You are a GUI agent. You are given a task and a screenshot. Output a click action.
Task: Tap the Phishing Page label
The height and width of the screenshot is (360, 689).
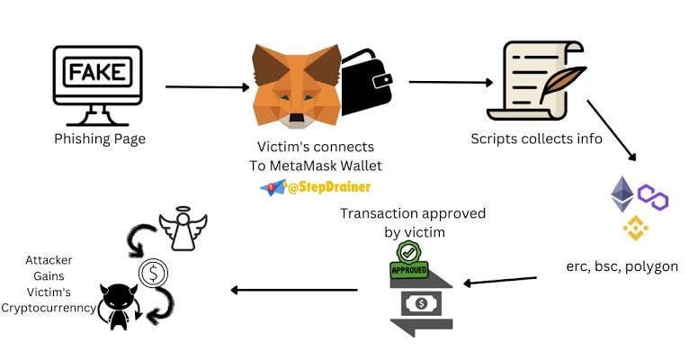point(100,139)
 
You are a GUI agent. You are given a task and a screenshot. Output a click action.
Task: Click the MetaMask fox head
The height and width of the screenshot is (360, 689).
point(296,85)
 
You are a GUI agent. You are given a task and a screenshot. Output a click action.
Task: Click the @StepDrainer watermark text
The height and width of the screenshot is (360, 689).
point(329,186)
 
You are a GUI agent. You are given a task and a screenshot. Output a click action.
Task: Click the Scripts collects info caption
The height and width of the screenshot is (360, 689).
point(536,139)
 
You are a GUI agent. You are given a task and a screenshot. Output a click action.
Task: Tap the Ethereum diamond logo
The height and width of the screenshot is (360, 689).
point(622,193)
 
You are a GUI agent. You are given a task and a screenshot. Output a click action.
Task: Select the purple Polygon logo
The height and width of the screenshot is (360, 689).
point(653,197)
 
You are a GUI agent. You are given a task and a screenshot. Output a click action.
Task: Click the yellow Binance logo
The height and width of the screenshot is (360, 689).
point(635,229)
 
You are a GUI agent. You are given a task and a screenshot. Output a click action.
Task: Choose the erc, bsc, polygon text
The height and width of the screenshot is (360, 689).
point(622,266)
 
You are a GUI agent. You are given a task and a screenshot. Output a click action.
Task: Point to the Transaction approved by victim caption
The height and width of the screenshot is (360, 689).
point(413,221)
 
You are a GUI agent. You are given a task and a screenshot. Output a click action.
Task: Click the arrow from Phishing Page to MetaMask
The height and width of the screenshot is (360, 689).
point(207,87)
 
